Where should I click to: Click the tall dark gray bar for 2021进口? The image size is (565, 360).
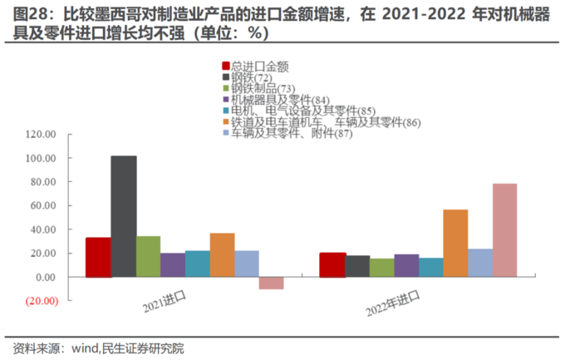(x=123, y=216)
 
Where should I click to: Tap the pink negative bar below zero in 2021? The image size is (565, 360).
(x=271, y=283)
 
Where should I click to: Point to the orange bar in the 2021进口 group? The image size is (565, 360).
(x=222, y=254)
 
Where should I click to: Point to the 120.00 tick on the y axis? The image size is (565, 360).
(x=40, y=134)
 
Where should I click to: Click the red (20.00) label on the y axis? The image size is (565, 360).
(x=39, y=301)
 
